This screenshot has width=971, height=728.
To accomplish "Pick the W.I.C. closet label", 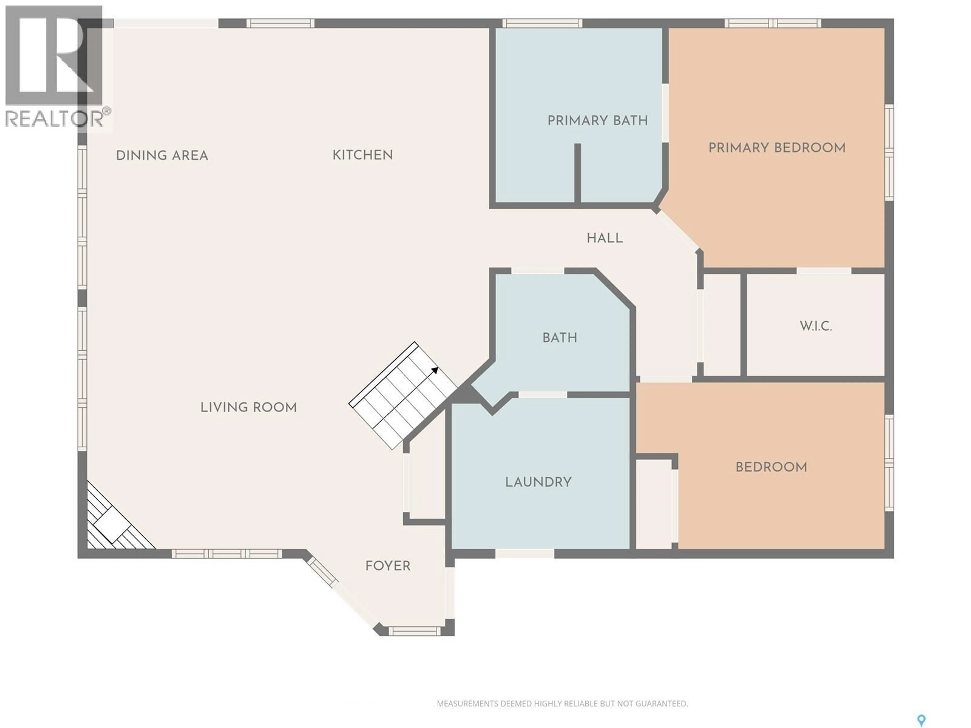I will pyautogui.click(x=815, y=326).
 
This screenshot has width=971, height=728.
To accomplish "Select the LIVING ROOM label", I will pyautogui.click(x=249, y=407).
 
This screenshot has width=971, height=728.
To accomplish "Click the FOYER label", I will pyautogui.click(x=388, y=566).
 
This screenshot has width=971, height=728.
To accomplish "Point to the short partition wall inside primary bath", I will pyautogui.click(x=578, y=173).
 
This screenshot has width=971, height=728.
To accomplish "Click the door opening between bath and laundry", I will pyautogui.click(x=543, y=395).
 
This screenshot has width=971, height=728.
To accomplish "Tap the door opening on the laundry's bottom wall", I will pyautogui.click(x=525, y=553).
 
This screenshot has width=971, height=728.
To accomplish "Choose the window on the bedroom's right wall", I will pyautogui.click(x=889, y=463).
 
